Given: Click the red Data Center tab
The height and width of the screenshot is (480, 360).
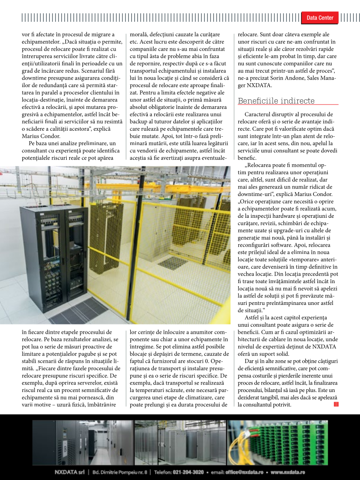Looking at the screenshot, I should [320, 18].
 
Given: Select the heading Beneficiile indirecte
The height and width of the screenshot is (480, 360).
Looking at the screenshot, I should [276, 101].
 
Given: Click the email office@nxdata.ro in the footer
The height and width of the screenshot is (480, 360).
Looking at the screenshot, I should [245, 472].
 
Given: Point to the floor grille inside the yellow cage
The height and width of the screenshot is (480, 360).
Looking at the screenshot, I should [173, 262].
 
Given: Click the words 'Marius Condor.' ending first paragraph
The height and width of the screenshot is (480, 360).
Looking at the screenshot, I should [37, 135].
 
